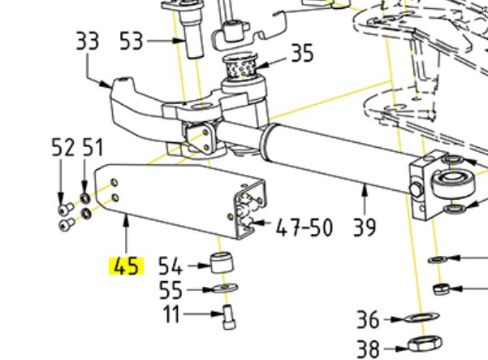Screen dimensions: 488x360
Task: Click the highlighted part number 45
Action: pyautogui.click(x=126, y=267)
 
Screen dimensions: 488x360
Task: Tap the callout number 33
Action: pyautogui.click(x=88, y=41)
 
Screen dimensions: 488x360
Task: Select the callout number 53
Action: pyautogui.click(x=132, y=41)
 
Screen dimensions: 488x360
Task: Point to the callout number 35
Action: pyautogui.click(x=302, y=53)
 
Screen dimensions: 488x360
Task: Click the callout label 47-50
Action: pyautogui.click(x=304, y=227)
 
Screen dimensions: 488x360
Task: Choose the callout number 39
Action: pyautogui.click(x=365, y=227)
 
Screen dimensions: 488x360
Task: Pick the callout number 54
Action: pyautogui.click(x=170, y=266)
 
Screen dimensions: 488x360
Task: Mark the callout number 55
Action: pyautogui.click(x=171, y=290)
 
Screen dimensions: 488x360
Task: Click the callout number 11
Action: pyautogui.click(x=172, y=314)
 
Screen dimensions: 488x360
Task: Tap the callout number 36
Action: pyautogui.click(x=368, y=319)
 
